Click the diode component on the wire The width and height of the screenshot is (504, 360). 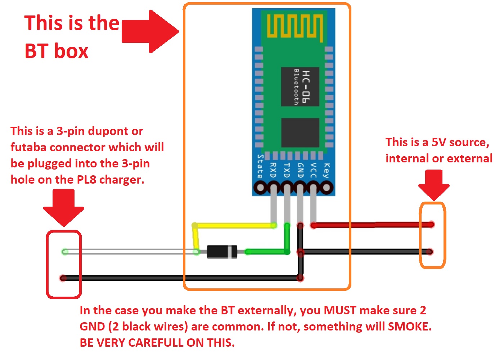222,252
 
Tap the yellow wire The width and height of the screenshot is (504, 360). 234,226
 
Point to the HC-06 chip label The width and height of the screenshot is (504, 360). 306,86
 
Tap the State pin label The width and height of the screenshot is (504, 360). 260,166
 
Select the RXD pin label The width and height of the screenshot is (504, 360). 273,170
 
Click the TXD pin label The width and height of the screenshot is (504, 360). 287,170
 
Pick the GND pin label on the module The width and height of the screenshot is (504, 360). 300,170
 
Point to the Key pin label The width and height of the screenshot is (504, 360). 326,171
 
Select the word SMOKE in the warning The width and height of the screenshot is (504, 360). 409,327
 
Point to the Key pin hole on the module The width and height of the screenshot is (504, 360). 327,188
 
